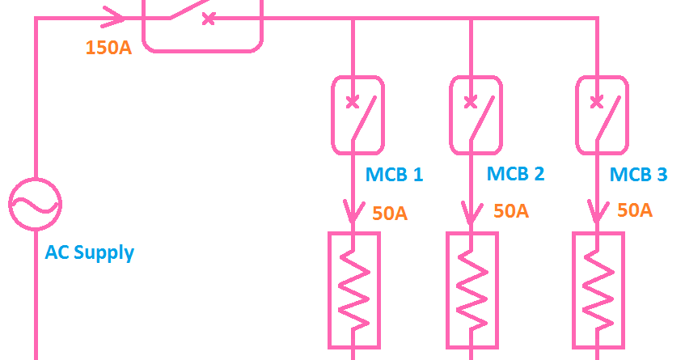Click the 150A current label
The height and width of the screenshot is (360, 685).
108,47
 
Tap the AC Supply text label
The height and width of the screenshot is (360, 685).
90,252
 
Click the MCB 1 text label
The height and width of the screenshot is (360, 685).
394,175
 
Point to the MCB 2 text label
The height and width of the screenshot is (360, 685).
515,174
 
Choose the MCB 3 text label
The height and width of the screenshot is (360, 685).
638,175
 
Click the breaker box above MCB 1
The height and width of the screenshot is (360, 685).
357,115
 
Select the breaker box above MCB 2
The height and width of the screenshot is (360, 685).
476,115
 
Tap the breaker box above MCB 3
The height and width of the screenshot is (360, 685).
601,115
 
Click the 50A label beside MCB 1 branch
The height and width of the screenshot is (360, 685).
390,214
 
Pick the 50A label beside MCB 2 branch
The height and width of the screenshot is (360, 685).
511,211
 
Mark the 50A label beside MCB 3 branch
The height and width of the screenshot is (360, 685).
634,210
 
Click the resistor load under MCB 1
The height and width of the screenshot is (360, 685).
353,289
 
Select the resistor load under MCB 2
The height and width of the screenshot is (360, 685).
472,289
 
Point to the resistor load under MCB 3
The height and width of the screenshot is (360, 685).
598,289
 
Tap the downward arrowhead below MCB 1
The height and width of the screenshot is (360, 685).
353,214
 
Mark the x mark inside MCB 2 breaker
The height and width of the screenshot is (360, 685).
470,102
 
